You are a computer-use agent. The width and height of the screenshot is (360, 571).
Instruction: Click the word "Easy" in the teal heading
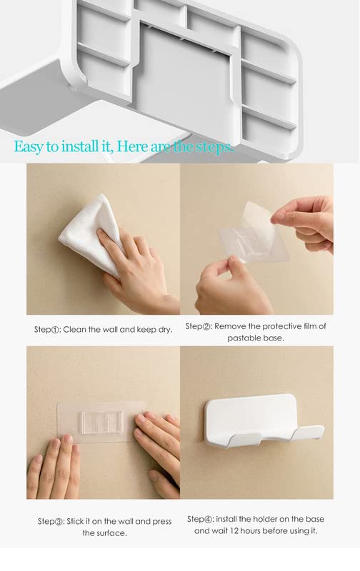[x=29, y=147]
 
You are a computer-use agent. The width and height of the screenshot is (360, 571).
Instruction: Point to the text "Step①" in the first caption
[x=47, y=330]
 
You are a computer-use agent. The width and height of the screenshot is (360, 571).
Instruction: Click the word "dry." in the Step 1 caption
[x=165, y=330]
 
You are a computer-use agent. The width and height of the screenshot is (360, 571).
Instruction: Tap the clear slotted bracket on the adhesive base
[x=102, y=423]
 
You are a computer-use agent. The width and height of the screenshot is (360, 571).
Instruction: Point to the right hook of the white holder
[x=307, y=433]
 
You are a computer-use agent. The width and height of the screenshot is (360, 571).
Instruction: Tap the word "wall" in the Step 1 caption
[x=110, y=330]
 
